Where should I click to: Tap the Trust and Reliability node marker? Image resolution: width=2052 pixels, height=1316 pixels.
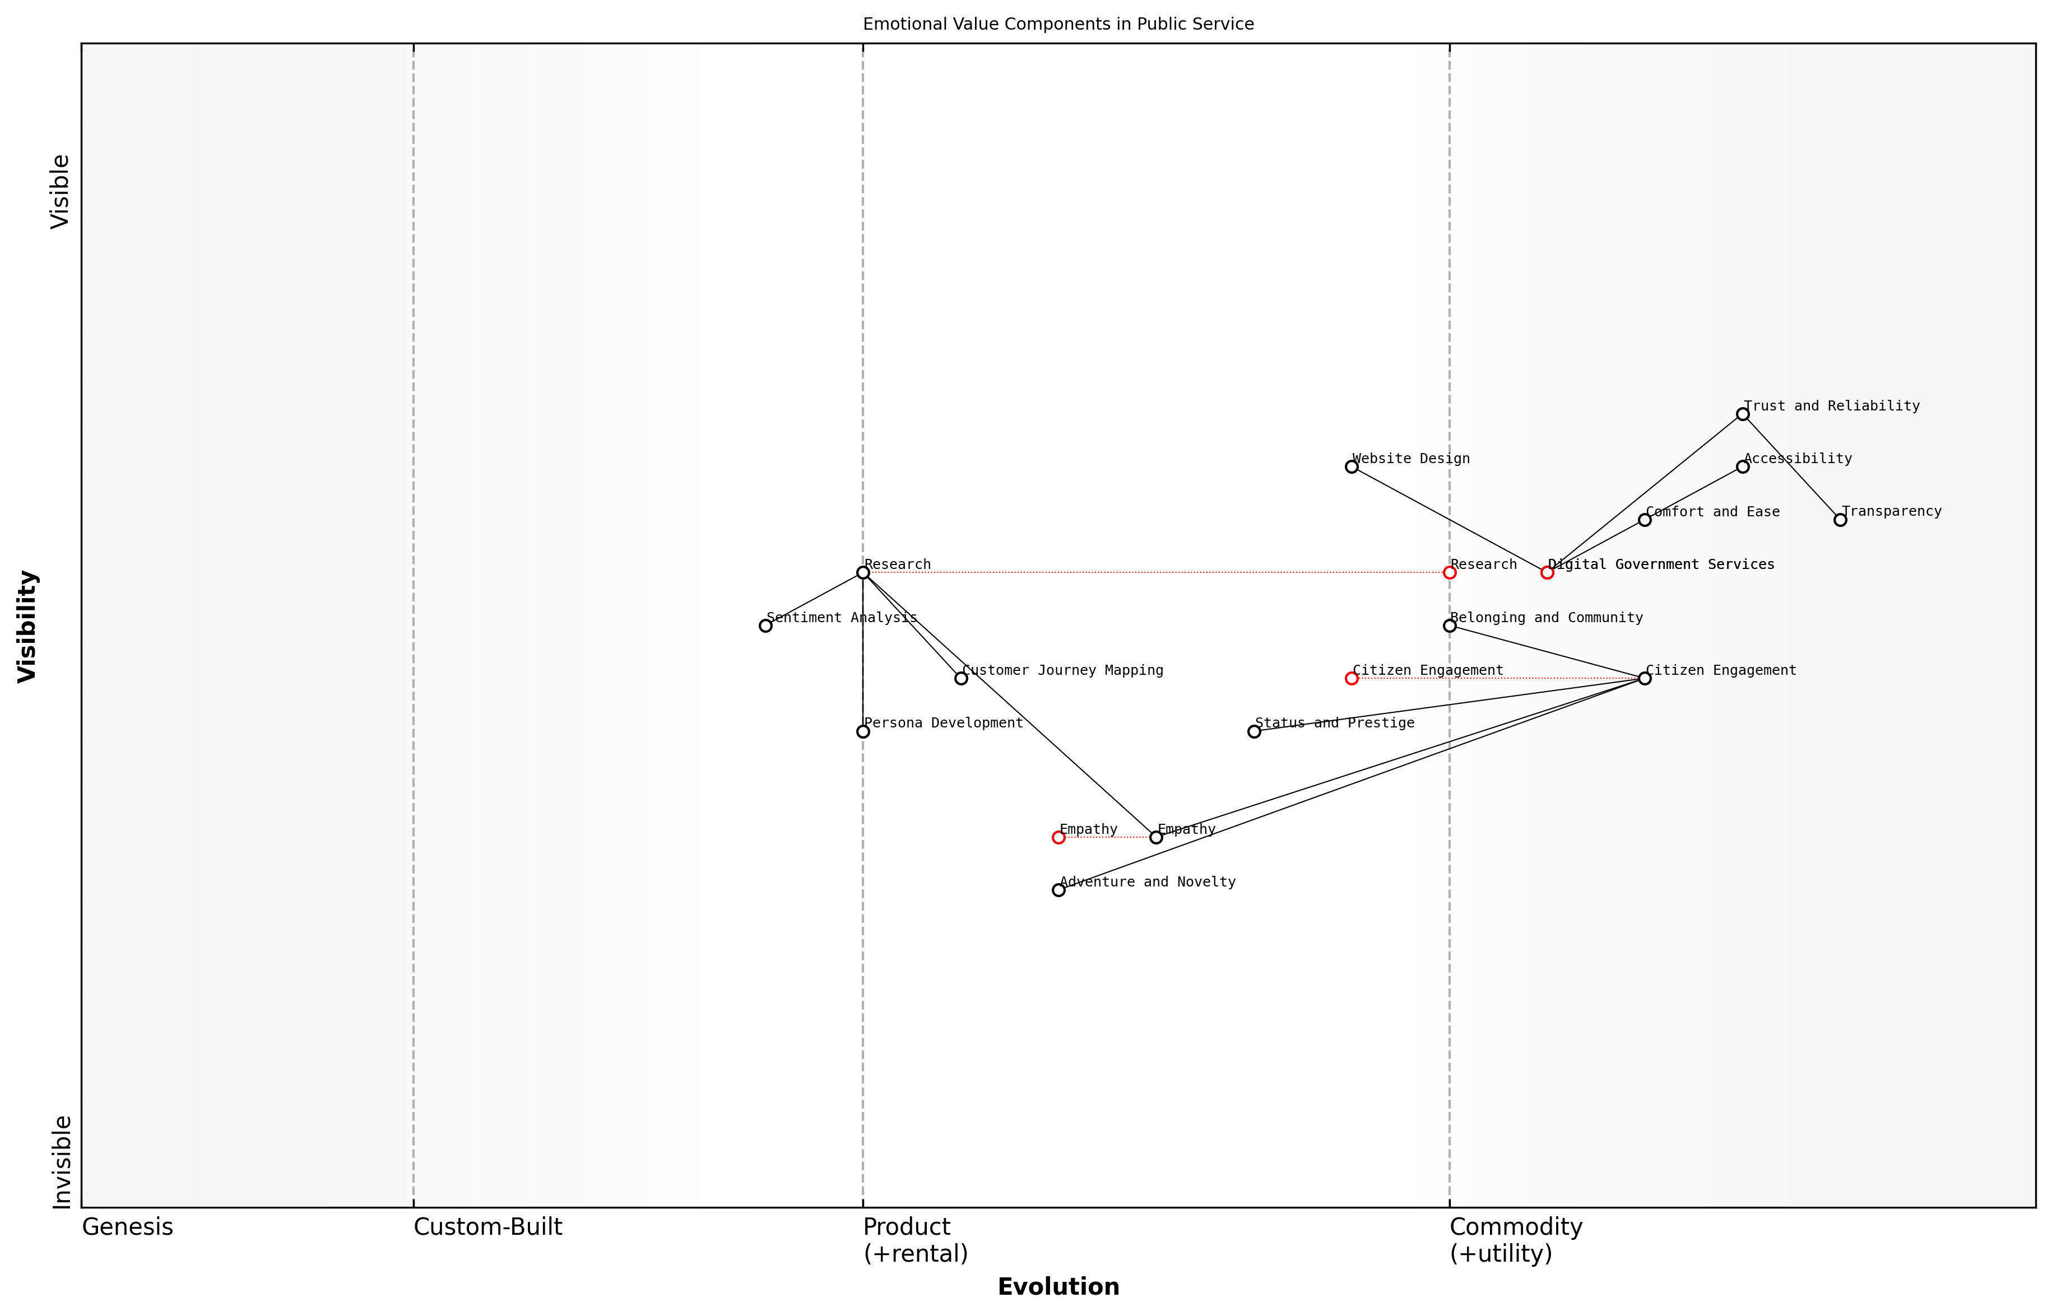[1743, 414]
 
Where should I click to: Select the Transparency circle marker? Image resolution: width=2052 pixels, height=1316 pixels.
[1840, 520]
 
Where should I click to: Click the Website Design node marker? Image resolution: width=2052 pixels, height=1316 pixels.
[1352, 466]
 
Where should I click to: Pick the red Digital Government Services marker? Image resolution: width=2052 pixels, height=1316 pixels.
[1547, 572]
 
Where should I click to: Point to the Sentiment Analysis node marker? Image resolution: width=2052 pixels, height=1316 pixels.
[765, 626]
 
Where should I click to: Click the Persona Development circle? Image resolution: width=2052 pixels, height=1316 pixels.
[863, 731]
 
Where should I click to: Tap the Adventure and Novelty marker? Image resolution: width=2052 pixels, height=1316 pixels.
[1059, 890]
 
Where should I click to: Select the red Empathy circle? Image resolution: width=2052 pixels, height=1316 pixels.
[1059, 837]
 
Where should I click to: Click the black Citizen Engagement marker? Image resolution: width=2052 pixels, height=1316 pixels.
[1644, 679]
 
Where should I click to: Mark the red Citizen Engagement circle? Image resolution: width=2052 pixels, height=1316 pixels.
[1352, 679]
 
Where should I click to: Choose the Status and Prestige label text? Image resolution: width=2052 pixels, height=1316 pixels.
[1334, 723]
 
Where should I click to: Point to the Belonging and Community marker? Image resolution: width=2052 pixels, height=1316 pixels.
[1449, 626]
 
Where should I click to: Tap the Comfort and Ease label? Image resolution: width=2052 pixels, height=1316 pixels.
[1712, 512]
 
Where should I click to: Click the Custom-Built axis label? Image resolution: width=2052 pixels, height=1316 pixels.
[488, 1227]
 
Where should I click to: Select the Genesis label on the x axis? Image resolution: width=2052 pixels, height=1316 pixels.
[127, 1227]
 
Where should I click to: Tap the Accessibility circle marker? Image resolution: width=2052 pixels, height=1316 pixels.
[1743, 466]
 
